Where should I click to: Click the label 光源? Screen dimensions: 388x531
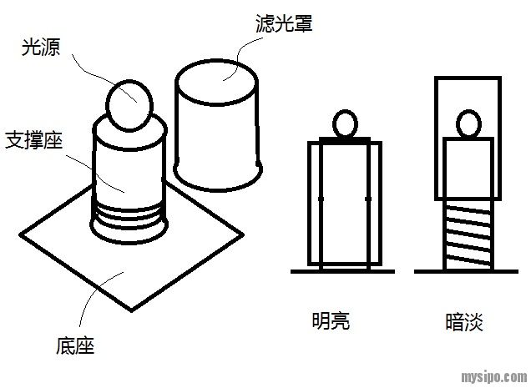pyautogui.click(x=38, y=48)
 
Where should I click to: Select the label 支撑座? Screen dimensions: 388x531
pyautogui.click(x=36, y=139)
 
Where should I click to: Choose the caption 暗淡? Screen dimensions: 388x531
pyautogui.click(x=465, y=321)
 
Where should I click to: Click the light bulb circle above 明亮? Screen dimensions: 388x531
pyautogui.click(x=345, y=125)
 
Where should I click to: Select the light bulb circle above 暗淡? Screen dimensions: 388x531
pyautogui.click(x=469, y=125)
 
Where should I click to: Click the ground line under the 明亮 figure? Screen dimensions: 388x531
pyautogui.click(x=341, y=271)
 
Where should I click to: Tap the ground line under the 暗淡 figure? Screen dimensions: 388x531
pyautogui.click(x=468, y=270)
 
